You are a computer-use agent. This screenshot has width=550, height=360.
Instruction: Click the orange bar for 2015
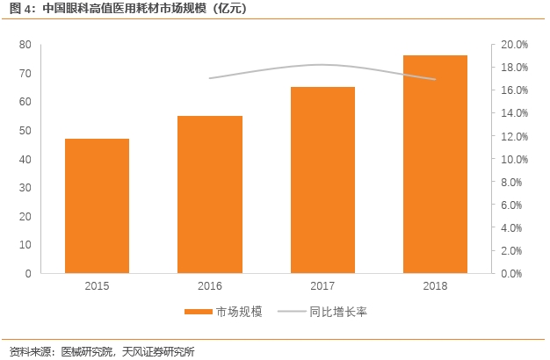98,205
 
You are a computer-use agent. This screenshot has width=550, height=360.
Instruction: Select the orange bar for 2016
210,194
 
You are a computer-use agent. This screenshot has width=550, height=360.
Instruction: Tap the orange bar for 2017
322,180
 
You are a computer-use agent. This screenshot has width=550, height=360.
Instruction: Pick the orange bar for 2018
435,164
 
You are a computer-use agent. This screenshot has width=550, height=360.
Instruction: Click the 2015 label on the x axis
98,286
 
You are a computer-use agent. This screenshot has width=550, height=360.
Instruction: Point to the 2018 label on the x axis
435,286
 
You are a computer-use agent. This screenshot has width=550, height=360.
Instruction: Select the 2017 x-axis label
322,286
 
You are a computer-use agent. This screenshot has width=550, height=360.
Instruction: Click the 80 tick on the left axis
25,44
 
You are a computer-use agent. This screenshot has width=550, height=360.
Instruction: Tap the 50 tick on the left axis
25,130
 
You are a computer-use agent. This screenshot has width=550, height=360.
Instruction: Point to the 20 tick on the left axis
25,216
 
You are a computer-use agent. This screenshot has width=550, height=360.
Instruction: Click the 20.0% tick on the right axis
514,44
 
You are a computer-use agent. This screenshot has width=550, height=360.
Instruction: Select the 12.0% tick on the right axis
514,136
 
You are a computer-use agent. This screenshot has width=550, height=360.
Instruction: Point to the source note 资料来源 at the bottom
101,351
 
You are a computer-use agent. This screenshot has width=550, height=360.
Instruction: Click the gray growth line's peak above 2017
322,64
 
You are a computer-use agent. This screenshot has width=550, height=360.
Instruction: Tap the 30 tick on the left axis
25,187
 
